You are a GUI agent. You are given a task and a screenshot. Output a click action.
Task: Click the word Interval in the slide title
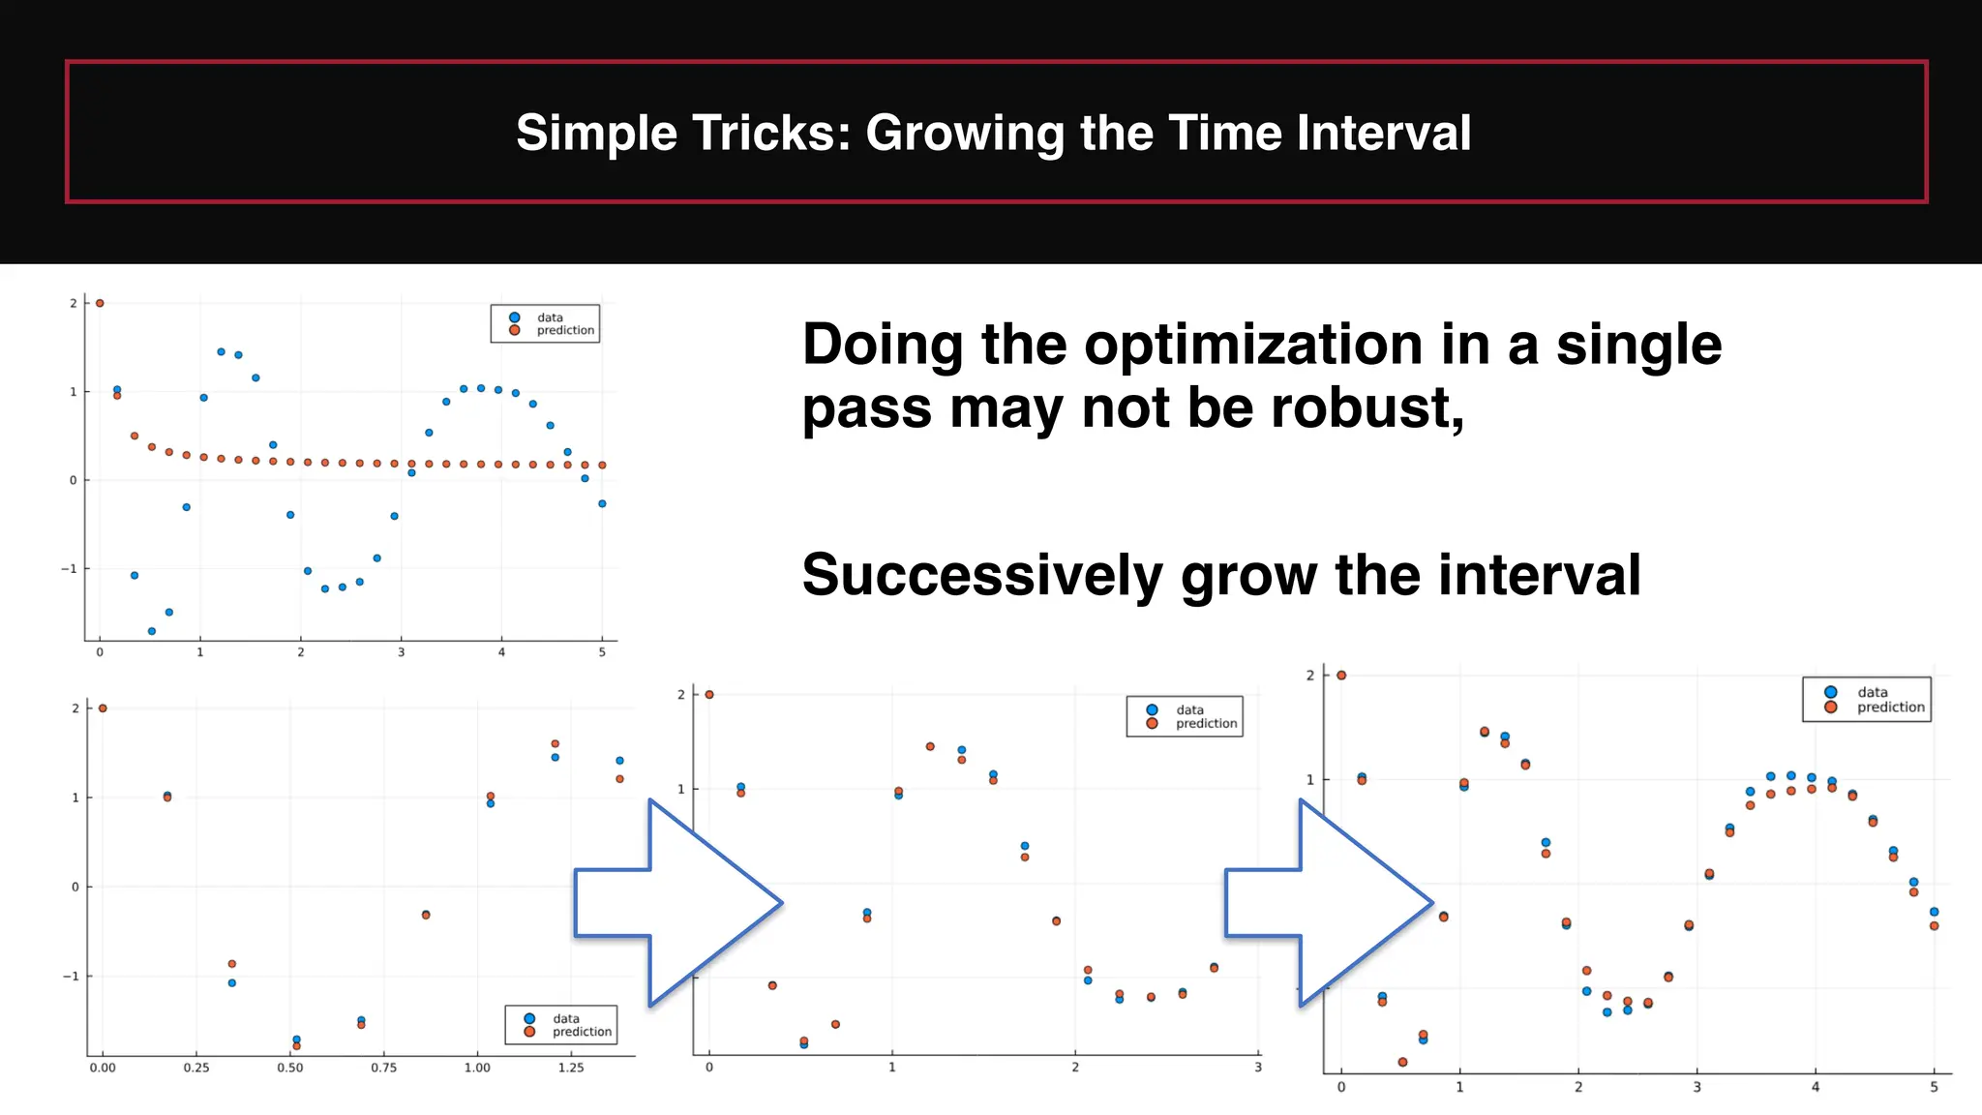pos(1384,133)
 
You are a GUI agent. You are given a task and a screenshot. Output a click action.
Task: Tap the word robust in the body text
pos(1366,407)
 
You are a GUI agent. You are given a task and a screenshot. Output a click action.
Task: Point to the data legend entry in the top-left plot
pos(549,317)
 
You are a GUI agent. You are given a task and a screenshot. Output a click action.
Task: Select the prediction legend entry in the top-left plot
pos(564,330)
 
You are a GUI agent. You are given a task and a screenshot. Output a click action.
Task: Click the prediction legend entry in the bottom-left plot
pos(581,1032)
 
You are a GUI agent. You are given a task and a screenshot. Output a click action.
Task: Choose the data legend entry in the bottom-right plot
pos(1872,692)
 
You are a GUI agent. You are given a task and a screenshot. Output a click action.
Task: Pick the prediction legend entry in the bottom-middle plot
pos(1205,723)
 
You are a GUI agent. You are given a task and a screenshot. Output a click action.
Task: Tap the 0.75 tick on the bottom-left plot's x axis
pos(383,1068)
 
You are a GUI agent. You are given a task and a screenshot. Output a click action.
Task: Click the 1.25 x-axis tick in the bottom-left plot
pos(571,1068)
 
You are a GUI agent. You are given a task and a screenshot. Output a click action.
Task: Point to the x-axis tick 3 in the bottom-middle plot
pos(1257,1068)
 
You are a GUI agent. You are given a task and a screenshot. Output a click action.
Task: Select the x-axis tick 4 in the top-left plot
pos(501,652)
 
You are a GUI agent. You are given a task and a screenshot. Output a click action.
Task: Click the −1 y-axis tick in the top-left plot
pos(69,569)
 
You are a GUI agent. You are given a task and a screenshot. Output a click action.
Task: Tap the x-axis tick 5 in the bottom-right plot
pos(1934,1088)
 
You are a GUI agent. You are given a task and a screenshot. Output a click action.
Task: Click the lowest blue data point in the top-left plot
pos(152,631)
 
